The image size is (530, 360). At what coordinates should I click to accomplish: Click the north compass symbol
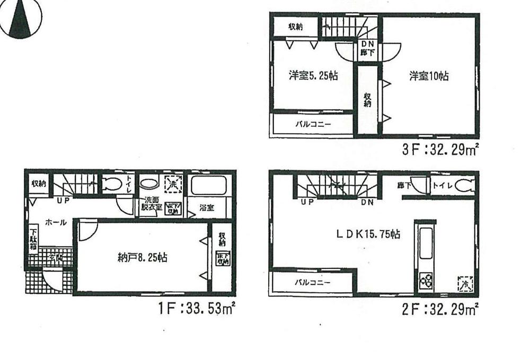point(21,19)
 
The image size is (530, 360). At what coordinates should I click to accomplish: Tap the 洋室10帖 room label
point(428,76)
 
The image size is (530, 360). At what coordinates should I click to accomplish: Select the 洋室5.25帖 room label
point(313,76)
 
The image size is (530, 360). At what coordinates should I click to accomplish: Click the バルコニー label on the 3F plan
point(313,125)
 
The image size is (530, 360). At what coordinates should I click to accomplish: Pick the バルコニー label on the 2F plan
point(313,282)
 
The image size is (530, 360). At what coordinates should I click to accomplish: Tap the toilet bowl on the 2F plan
point(464,186)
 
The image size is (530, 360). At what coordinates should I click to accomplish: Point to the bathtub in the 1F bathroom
point(208,186)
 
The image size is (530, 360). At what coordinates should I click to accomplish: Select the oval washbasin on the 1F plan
point(149,184)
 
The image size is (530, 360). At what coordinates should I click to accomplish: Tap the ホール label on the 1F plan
point(56,223)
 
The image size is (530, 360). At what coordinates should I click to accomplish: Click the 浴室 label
point(207,207)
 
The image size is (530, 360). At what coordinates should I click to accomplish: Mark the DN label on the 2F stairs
point(367,203)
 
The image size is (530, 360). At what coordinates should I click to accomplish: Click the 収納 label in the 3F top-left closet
point(295,27)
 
